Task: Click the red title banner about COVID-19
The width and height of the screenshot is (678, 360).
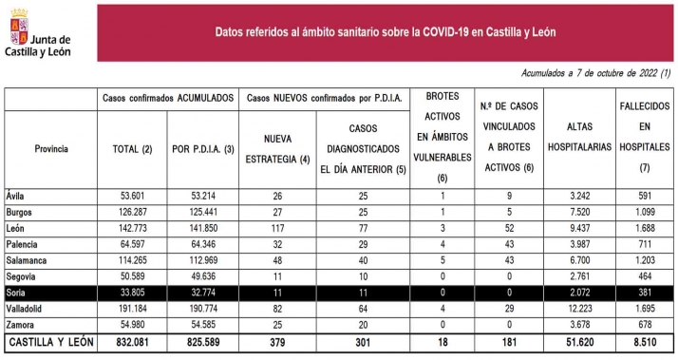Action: (x=385, y=31)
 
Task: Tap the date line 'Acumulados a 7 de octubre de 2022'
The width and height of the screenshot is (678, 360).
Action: (x=596, y=74)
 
